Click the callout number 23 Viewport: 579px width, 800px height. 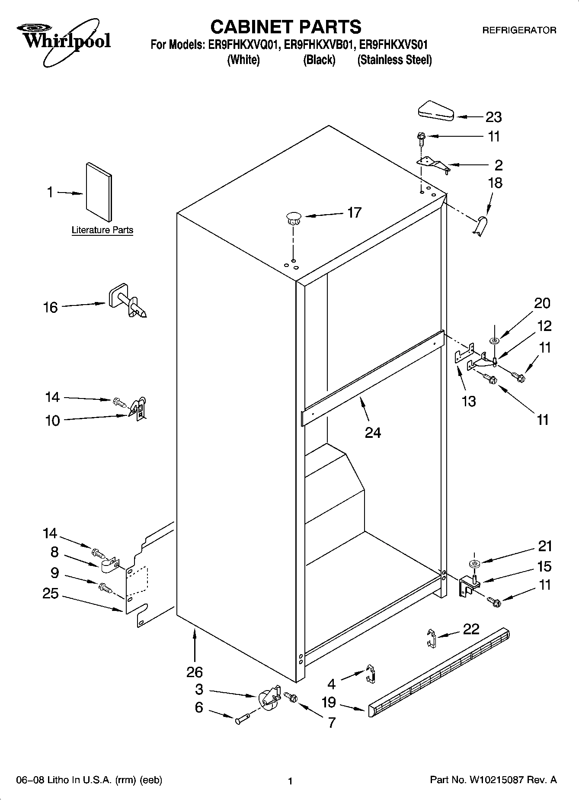pos(493,117)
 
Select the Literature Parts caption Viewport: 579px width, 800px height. pos(102,230)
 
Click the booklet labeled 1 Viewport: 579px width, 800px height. pos(99,192)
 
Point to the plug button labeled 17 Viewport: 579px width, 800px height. pos(293,218)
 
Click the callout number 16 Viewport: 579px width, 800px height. pos(51,307)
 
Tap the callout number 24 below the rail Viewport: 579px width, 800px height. pos(373,432)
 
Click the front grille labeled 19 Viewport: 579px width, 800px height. pos(439,671)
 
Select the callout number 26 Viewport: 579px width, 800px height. pos(194,672)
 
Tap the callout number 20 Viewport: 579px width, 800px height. pos(542,303)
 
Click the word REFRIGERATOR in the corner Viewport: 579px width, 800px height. pos(519,30)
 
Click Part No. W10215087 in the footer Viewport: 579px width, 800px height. pos(493,780)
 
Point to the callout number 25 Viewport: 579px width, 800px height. pos(51,593)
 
